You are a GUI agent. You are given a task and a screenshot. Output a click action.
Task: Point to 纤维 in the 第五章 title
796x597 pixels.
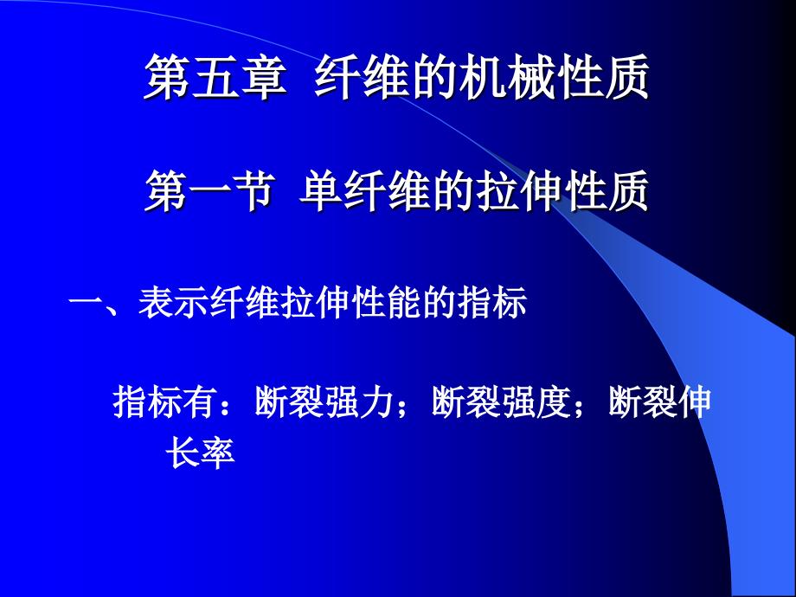click(x=358, y=79)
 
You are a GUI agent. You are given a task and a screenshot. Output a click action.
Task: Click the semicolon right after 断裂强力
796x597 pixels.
click(x=407, y=407)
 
